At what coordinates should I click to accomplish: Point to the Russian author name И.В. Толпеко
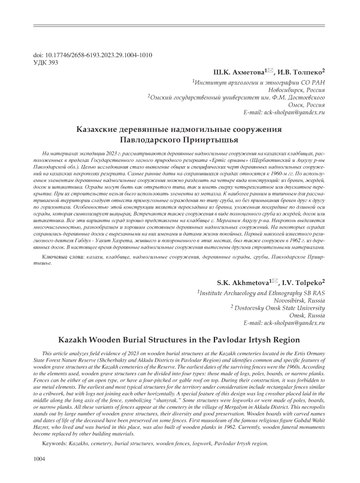click(302, 71)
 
